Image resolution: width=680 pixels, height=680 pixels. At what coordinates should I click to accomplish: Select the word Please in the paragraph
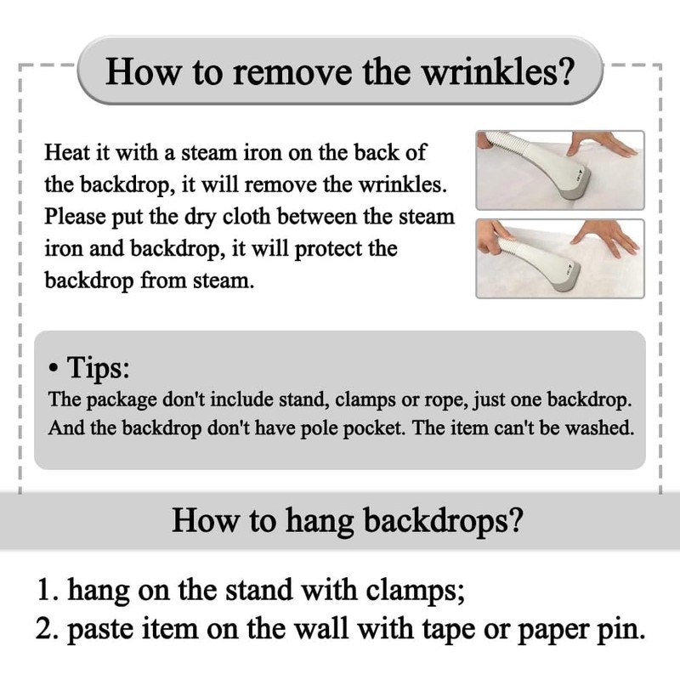pyautogui.click(x=75, y=217)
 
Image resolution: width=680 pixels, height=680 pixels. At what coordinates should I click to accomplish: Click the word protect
pyautogui.click(x=328, y=249)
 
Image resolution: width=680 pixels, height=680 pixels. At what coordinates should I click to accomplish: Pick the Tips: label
pyautogui.click(x=98, y=368)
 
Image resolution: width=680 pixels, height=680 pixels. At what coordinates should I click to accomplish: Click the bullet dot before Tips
pyautogui.click(x=53, y=369)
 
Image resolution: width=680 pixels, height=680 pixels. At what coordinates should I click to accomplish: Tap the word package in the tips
pyautogui.click(x=121, y=399)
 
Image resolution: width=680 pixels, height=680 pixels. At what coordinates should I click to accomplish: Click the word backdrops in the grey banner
pyautogui.click(x=443, y=520)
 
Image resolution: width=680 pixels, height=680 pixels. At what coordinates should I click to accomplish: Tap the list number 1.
pyautogui.click(x=48, y=590)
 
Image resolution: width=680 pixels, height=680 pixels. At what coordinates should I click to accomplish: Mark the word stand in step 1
pyautogui.click(x=259, y=590)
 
